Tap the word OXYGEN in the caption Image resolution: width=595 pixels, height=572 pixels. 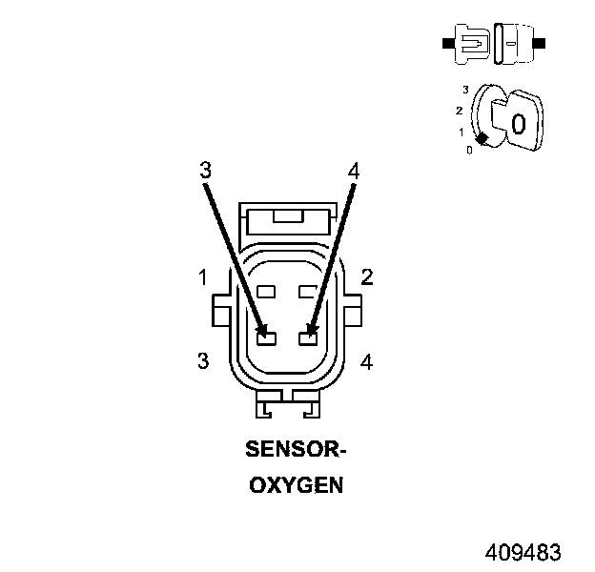tap(296, 485)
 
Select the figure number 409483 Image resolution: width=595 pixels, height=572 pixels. tap(523, 553)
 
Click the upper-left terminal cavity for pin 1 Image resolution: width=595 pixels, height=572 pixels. tap(266, 291)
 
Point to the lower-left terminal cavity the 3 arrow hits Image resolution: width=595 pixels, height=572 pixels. tap(266, 337)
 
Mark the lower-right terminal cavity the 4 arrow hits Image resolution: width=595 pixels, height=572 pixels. tap(307, 337)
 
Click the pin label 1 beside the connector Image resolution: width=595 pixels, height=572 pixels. tap(203, 277)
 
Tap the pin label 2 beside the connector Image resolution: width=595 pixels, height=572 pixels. tap(366, 277)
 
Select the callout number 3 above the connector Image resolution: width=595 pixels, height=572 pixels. tap(204, 171)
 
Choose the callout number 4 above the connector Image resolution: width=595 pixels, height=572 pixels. tap(354, 172)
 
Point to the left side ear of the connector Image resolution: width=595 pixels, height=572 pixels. tap(219, 309)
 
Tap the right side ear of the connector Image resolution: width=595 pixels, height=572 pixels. tap(353, 309)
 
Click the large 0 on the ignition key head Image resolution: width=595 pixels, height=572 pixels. tap(518, 123)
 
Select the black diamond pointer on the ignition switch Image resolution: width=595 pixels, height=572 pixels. tap(482, 139)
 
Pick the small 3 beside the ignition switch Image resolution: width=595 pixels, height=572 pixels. tap(465, 89)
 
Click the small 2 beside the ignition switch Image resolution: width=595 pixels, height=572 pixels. tap(459, 111)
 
